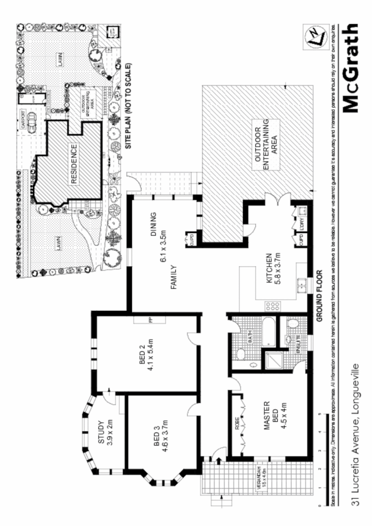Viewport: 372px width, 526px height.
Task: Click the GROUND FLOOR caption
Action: pos(319,296)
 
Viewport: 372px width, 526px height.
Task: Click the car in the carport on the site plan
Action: pos(32,123)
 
